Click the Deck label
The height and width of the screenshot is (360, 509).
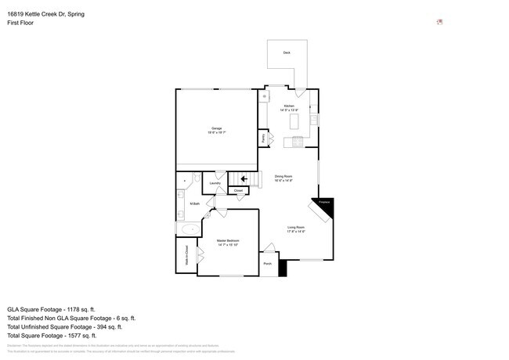click(x=287, y=52)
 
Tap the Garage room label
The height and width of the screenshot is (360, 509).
click(x=216, y=129)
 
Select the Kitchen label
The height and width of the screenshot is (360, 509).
click(x=289, y=105)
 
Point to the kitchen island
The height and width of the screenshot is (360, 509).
click(x=295, y=122)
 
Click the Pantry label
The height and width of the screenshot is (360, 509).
click(x=264, y=138)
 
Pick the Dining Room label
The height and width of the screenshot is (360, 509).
click(x=283, y=177)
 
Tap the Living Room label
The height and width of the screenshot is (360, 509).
click(x=296, y=228)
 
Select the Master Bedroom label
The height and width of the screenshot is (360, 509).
click(x=227, y=241)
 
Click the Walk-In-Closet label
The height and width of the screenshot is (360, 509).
click(x=186, y=255)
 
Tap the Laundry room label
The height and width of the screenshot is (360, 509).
click(x=215, y=184)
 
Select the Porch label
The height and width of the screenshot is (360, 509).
click(x=267, y=265)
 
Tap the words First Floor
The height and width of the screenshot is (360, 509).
click(x=20, y=23)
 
